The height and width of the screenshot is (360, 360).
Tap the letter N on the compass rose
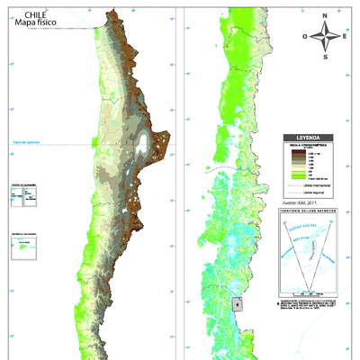(x=328, y=15)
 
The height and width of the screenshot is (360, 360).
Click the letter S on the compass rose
(x=328, y=57)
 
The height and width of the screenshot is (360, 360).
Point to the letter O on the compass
(x=306, y=36)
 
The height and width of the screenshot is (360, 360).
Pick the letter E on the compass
(x=347, y=36)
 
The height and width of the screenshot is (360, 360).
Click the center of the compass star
(x=328, y=36)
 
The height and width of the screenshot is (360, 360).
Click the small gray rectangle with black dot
(x=237, y=304)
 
